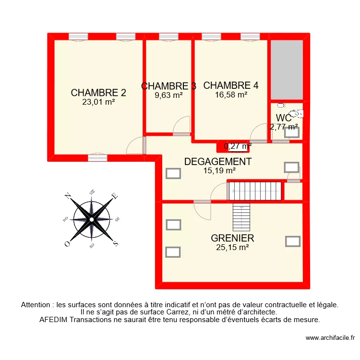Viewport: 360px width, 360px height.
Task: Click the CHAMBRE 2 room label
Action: (x=98, y=93)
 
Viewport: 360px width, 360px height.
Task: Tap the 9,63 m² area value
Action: (x=168, y=95)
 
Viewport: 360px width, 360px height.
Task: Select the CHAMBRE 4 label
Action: (x=231, y=85)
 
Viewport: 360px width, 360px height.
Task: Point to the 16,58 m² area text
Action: (x=231, y=95)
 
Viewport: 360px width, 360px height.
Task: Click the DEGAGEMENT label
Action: (x=217, y=161)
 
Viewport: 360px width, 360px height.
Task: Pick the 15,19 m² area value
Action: (x=217, y=170)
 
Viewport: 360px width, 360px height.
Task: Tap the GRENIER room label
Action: (x=232, y=238)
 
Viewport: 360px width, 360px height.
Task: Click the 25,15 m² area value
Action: (x=232, y=247)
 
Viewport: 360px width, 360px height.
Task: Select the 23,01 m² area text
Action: (x=98, y=102)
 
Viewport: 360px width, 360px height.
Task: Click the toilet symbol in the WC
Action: (x=298, y=113)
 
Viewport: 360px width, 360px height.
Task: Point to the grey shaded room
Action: (x=287, y=70)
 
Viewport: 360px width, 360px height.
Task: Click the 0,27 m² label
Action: (x=238, y=146)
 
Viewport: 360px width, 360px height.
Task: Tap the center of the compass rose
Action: (x=91, y=219)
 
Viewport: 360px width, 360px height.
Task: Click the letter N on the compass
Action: (x=68, y=196)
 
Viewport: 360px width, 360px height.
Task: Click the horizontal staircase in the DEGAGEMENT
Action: (x=254, y=191)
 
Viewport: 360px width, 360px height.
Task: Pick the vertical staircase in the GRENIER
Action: (x=241, y=216)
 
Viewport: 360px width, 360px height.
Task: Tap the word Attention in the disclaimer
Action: (x=37, y=304)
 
